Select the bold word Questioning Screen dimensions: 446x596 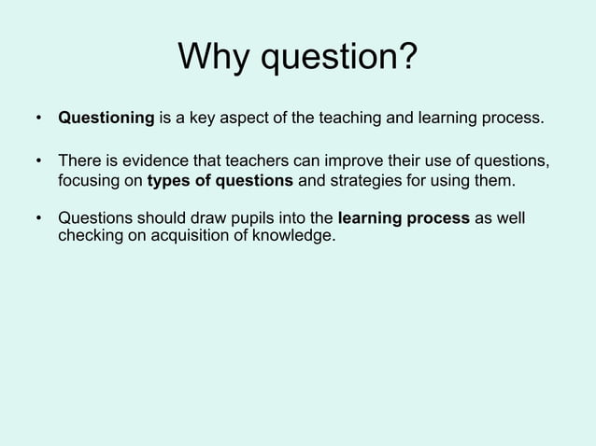coord(106,119)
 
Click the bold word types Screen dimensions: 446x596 coord(169,179)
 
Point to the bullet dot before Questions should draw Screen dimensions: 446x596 coord(38,220)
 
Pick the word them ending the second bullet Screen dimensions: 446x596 coord(494,179)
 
